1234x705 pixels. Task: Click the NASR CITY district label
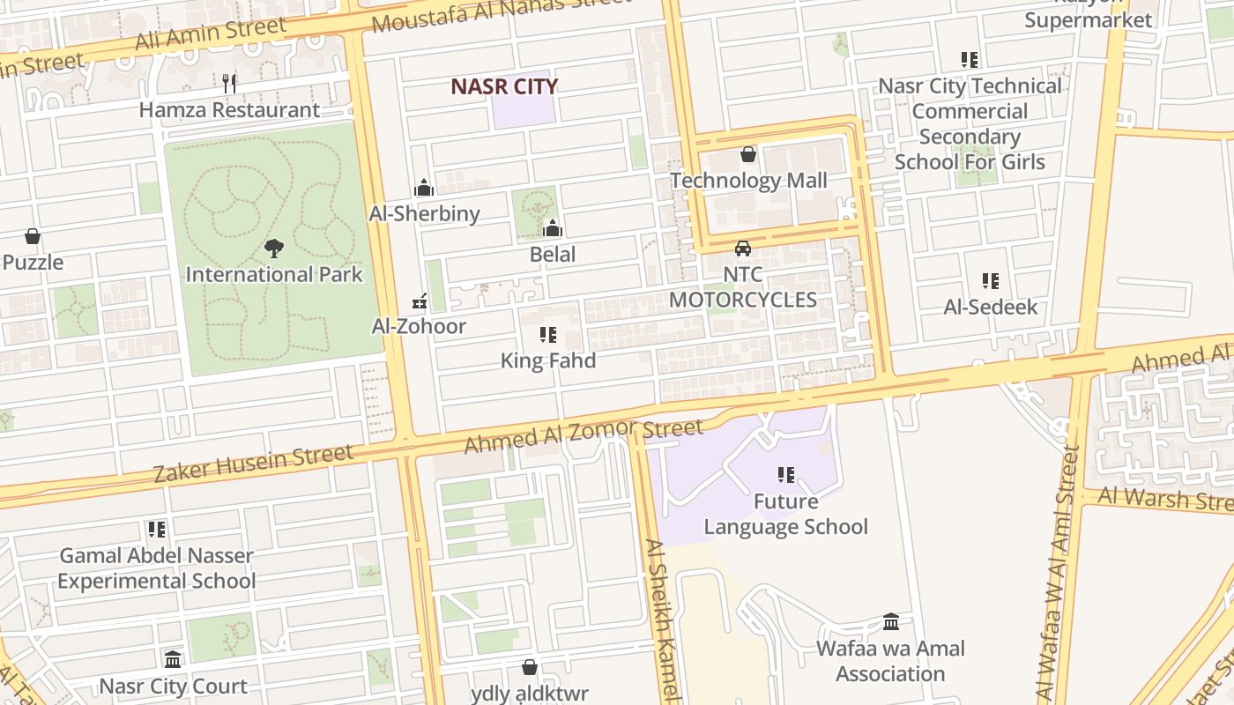coord(504,86)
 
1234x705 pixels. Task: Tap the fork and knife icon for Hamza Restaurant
coord(230,84)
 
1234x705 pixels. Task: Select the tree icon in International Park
coord(274,249)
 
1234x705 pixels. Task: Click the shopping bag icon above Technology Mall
coord(748,155)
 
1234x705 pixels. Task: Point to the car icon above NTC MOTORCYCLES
coord(743,249)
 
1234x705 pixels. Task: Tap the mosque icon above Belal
coord(553,229)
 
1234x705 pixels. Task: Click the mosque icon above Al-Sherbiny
coord(424,188)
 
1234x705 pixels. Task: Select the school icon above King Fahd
coord(548,335)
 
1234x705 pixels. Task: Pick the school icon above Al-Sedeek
coord(991,281)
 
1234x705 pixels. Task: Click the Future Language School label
coord(785,514)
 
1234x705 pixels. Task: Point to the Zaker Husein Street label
coord(253,464)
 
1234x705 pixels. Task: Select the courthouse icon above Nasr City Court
coord(173,660)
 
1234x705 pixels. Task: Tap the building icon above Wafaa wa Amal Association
coord(891,622)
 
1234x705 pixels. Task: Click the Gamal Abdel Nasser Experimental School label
coord(157,568)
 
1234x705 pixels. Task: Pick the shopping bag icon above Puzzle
coord(33,236)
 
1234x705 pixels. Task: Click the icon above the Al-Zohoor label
coord(420,301)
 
